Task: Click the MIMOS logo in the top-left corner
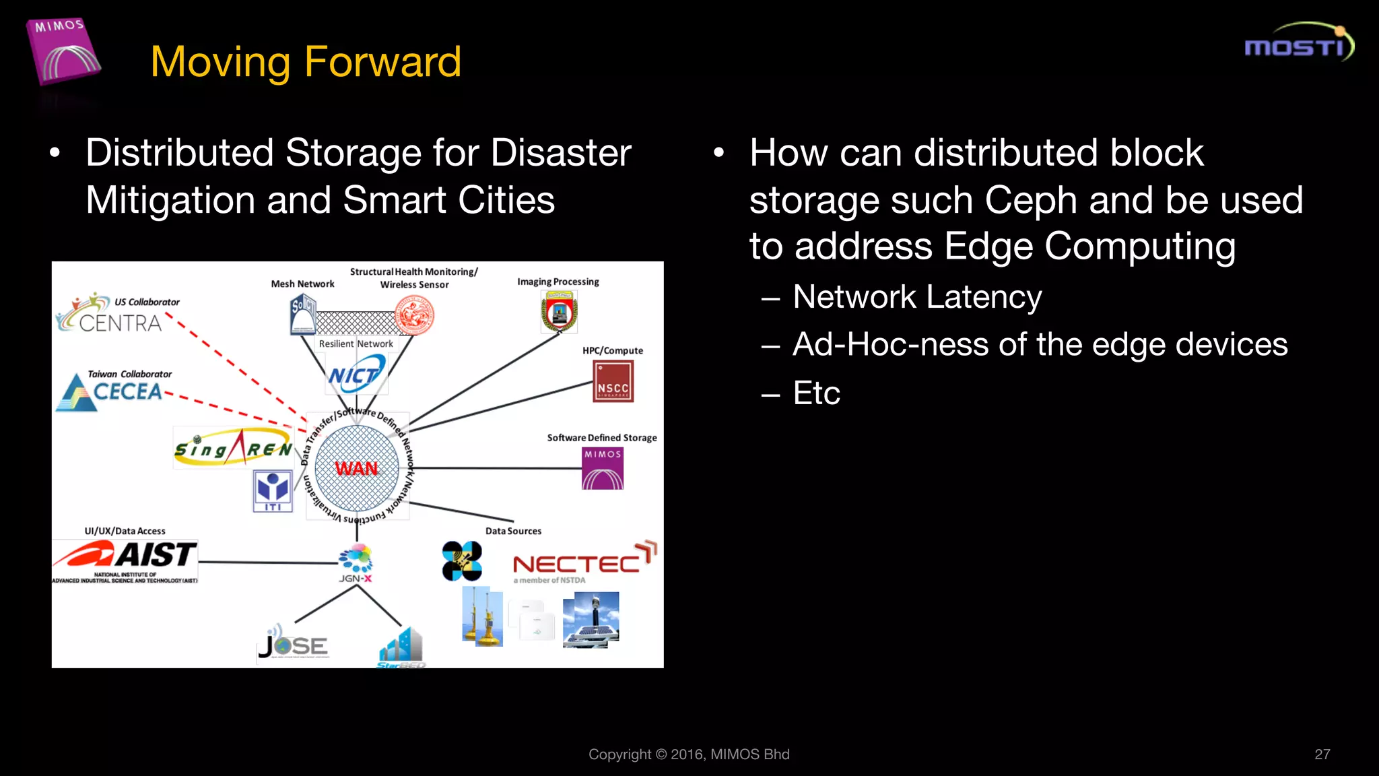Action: [63, 53]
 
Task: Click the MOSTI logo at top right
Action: [1298, 44]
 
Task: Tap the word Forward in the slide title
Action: [382, 62]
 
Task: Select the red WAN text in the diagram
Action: [356, 468]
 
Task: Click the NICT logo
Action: [355, 374]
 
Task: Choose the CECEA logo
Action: [111, 392]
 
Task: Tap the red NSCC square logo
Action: [613, 381]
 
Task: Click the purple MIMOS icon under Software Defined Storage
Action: [603, 468]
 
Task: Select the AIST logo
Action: [125, 559]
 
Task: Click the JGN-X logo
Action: [356, 563]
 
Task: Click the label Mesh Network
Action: [302, 284]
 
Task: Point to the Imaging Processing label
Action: [558, 282]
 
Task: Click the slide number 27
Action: [1322, 754]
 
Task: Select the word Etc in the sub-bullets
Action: [816, 393]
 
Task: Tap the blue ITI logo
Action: [273, 491]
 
